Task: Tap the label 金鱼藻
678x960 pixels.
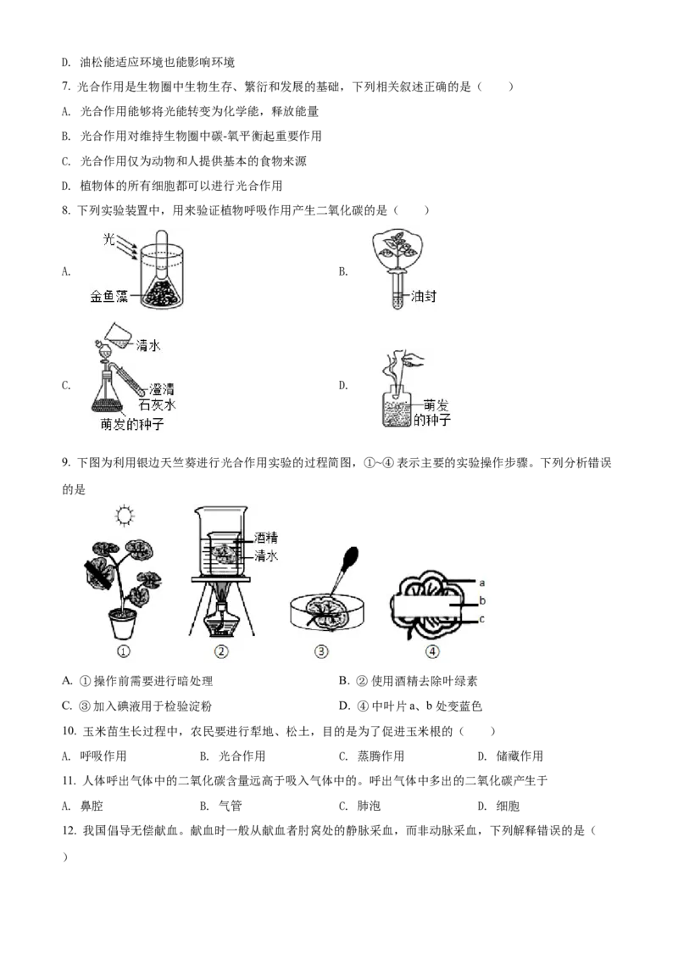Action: click(x=108, y=298)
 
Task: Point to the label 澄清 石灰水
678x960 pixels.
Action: click(x=162, y=396)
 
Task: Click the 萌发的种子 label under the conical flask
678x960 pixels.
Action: click(x=135, y=423)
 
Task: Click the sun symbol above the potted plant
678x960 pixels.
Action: click(x=125, y=515)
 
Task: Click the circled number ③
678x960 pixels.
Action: click(x=321, y=652)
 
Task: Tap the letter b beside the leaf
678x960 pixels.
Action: click(x=481, y=601)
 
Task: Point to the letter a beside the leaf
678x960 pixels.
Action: click(x=481, y=583)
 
